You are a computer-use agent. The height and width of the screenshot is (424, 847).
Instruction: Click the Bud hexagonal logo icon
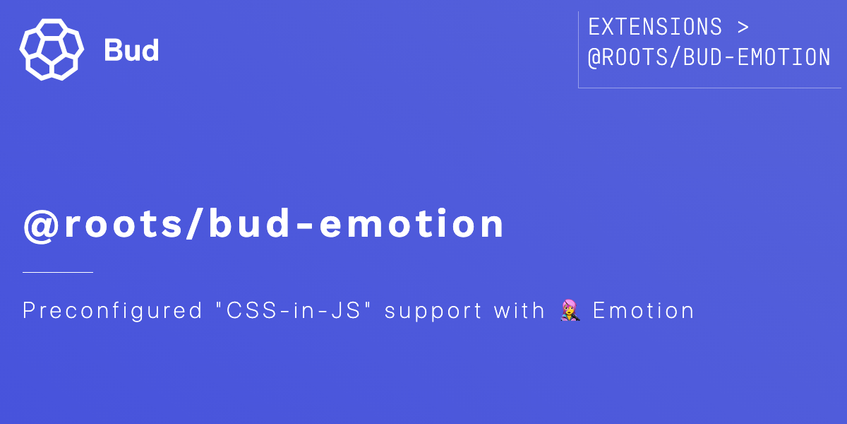[x=52, y=49]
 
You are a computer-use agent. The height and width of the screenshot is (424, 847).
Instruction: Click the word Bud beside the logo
[x=131, y=50]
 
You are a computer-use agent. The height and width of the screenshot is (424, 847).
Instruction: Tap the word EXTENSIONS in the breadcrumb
[x=655, y=27]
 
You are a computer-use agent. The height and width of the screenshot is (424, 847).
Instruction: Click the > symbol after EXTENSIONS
[x=743, y=28]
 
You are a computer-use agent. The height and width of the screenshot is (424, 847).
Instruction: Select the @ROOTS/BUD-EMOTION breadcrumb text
[x=709, y=57]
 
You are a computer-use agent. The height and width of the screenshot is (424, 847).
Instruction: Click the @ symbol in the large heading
[x=41, y=225]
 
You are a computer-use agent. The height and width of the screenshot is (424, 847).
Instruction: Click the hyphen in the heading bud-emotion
[x=305, y=227]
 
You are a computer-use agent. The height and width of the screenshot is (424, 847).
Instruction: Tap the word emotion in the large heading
[x=412, y=223]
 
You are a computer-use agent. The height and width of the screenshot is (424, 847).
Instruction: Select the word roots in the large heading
[x=124, y=225]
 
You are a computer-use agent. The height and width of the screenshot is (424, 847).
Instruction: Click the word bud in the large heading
[x=249, y=223]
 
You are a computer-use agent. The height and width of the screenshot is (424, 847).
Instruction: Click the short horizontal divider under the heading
[x=58, y=272]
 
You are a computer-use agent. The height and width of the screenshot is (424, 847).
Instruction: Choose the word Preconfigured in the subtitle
[x=113, y=311]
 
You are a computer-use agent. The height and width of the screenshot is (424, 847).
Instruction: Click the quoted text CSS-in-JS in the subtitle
[x=294, y=310]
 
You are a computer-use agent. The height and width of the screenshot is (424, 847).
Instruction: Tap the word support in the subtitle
[x=433, y=312]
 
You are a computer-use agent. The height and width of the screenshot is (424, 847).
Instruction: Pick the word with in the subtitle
[x=519, y=310]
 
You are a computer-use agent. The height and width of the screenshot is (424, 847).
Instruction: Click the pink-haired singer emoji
[x=570, y=310]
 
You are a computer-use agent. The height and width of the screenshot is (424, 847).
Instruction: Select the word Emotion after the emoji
[x=644, y=310]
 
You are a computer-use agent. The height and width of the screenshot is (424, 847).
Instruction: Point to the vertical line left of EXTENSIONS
[x=579, y=49]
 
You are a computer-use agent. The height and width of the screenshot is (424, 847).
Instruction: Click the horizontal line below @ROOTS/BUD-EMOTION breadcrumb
[x=710, y=88]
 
